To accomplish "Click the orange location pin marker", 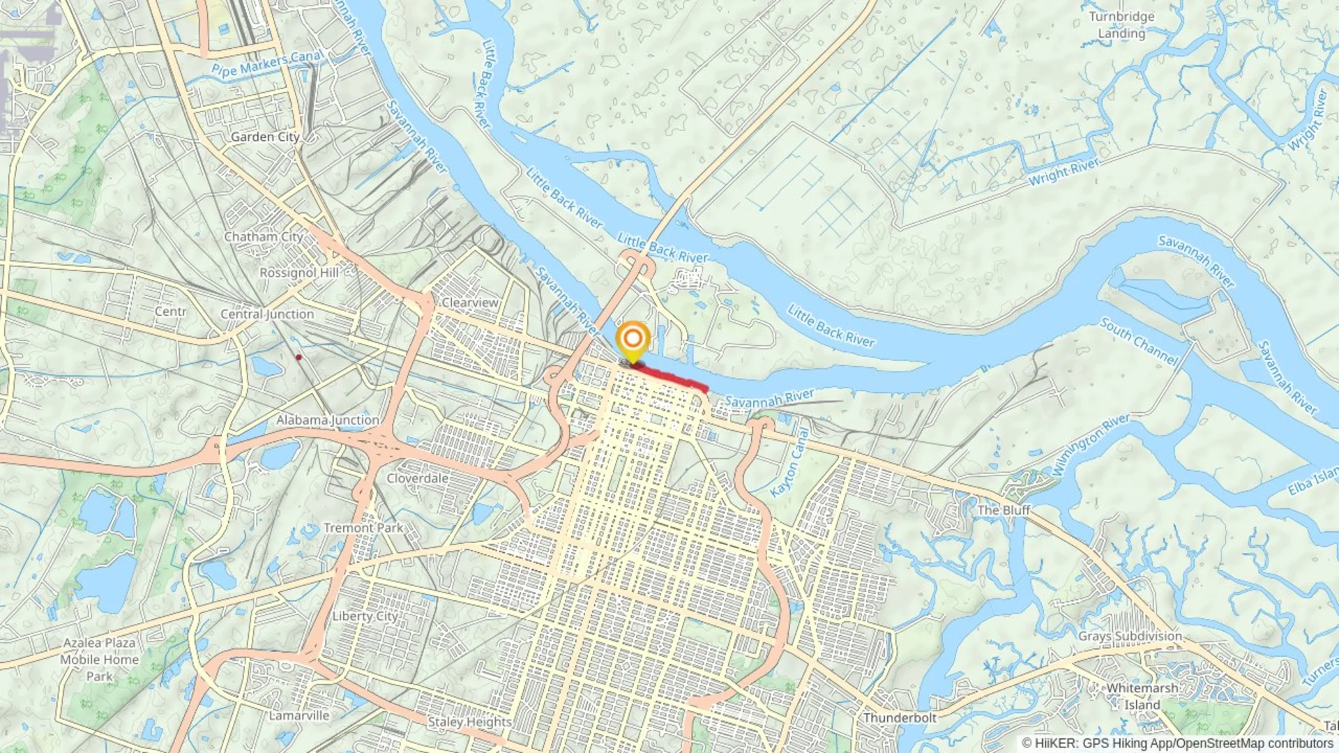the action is click(x=633, y=340).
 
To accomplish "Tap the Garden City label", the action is click(x=265, y=137).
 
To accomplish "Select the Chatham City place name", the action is click(x=264, y=237).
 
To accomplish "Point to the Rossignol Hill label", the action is click(x=298, y=273).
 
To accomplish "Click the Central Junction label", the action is click(x=267, y=314).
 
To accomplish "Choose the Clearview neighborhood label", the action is click(x=470, y=303).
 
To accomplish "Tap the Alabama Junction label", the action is click(x=327, y=420).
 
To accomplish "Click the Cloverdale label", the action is click(x=417, y=478).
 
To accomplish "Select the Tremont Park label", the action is click(x=363, y=528).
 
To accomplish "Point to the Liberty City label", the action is click(x=365, y=616).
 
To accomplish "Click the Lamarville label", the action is click(x=298, y=715).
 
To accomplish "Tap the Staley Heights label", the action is click(x=469, y=722).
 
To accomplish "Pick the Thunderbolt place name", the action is click(x=900, y=717).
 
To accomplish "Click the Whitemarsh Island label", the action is click(x=1142, y=696).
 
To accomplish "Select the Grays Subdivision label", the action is click(x=1130, y=636).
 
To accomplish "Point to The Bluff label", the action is click(x=1004, y=510).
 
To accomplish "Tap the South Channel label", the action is click(x=1139, y=341).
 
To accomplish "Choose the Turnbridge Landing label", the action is click(x=1121, y=25).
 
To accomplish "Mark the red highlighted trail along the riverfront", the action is click(x=673, y=376).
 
